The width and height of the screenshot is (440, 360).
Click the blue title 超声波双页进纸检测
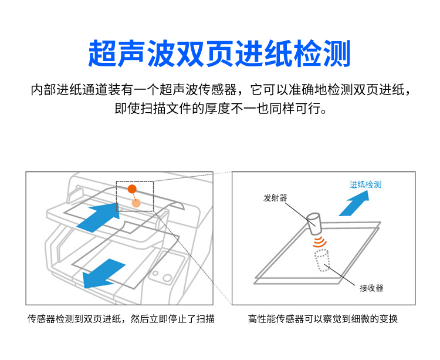click(x=219, y=53)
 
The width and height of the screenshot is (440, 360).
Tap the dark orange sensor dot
click(x=132, y=189)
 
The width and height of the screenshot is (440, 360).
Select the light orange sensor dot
click(x=136, y=203)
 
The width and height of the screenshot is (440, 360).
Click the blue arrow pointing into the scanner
click(x=98, y=217)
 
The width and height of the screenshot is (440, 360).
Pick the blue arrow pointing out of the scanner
click(x=103, y=273)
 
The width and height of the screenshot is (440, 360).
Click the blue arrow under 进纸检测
click(x=354, y=203)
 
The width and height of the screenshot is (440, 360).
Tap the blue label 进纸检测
click(x=365, y=184)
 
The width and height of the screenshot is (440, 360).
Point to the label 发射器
click(x=275, y=198)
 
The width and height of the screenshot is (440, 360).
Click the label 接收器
click(x=371, y=288)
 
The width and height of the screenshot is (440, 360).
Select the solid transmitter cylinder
click(x=314, y=224)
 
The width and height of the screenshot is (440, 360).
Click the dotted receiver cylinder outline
click(x=322, y=260)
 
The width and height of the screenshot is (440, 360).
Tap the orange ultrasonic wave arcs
click(x=320, y=242)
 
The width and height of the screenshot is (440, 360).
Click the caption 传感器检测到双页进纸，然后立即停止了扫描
click(x=121, y=319)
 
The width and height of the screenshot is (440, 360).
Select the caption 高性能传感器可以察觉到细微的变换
click(x=323, y=319)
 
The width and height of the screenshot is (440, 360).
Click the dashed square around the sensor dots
click(x=135, y=181)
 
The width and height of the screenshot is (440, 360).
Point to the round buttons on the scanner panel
click(x=163, y=276)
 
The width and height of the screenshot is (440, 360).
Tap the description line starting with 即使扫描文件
click(x=221, y=109)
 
